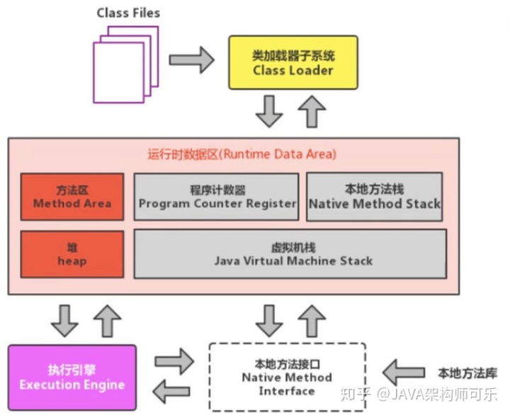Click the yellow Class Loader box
pyautogui.click(x=293, y=62)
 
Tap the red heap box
pyautogui.click(x=72, y=253)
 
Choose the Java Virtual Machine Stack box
pyautogui.click(x=290, y=253)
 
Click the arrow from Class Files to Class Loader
pyautogui.click(x=191, y=59)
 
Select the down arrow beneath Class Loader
pyautogui.click(x=269, y=112)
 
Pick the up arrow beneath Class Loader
pyautogui.click(x=312, y=111)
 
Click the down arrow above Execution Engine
pyautogui.click(x=65, y=320)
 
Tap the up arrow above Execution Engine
pyautogui.click(x=107, y=320)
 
